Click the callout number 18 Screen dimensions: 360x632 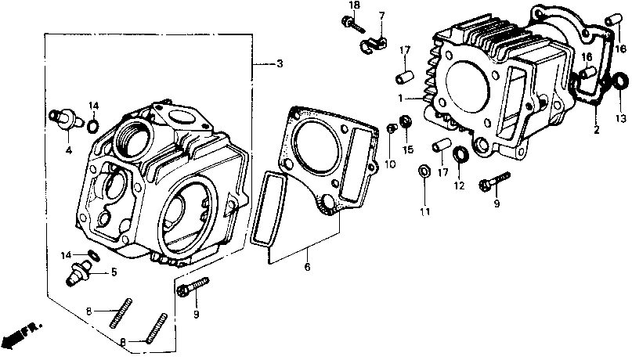[x=354, y=5]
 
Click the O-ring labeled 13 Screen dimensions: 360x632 [x=618, y=81]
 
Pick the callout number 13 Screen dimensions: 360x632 [x=621, y=118]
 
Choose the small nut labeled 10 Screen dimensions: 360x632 [x=392, y=128]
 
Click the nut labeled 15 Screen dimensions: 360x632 [x=406, y=121]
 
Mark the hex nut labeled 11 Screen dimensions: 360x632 [x=424, y=170]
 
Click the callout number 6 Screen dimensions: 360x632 [x=308, y=268]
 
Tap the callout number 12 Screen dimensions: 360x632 [x=459, y=186]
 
